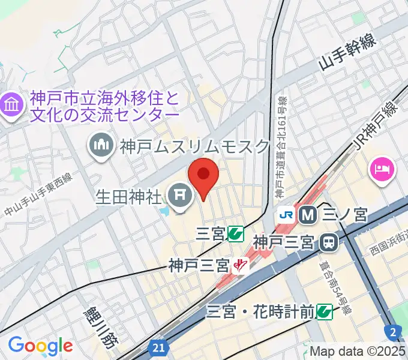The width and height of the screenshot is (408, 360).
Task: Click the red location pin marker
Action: [203, 175]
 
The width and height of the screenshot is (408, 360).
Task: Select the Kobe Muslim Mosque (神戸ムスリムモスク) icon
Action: [101, 145]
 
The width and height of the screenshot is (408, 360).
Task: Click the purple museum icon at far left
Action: [10, 107]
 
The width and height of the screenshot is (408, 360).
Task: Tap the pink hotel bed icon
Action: [382, 167]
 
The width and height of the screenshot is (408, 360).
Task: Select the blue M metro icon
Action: [308, 214]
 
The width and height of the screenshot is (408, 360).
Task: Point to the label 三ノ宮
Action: [344, 214]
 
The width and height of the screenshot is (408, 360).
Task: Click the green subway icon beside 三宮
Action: [236, 233]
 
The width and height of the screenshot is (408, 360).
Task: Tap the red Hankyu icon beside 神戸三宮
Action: [241, 264]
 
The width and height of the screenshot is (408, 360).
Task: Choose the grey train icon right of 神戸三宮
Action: [328, 242]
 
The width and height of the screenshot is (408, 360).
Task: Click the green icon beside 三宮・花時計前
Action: [325, 311]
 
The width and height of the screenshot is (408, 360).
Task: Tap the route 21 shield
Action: [158, 347]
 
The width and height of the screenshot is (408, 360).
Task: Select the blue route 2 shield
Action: [392, 331]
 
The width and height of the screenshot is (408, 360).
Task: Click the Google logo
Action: [40, 345]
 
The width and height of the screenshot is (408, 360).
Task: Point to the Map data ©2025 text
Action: [358, 351]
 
